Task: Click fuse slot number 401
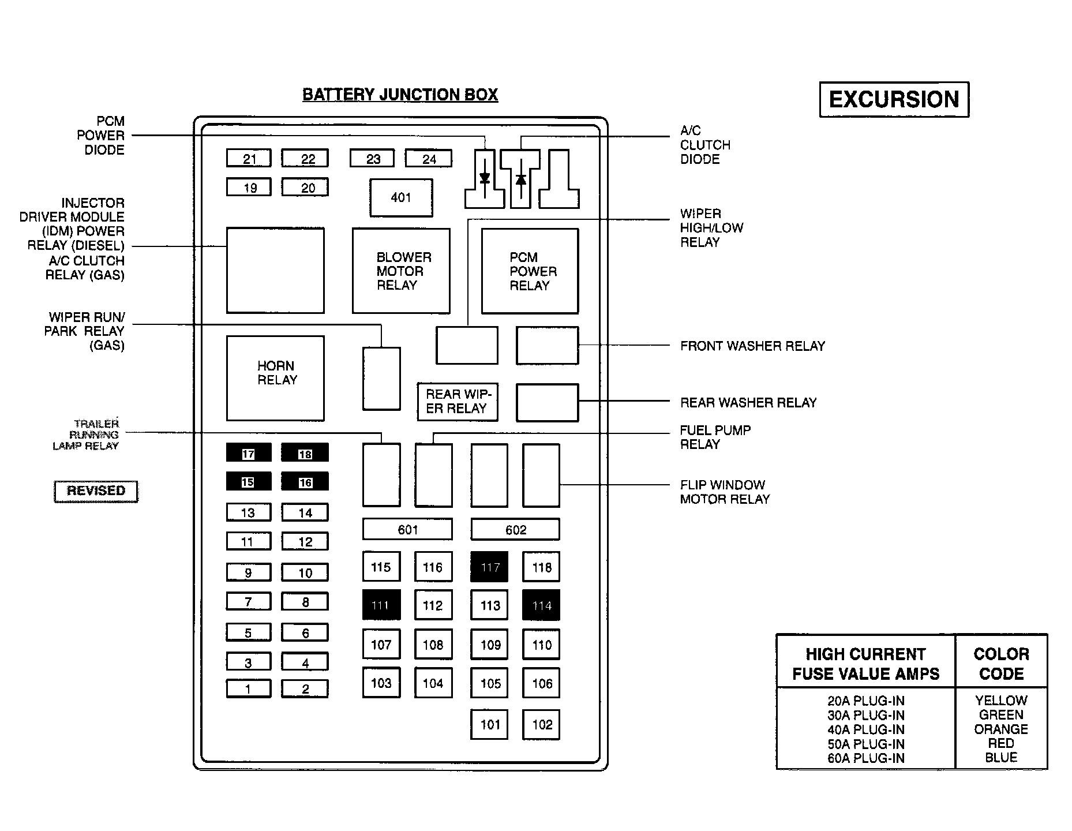pos(401,198)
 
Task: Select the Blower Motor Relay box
pos(401,271)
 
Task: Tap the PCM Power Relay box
pos(530,271)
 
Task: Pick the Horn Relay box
pos(275,378)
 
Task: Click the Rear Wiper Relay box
pos(458,402)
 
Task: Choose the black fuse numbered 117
pos(489,567)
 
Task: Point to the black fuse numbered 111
pos(381,605)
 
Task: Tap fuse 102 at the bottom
pos(541,724)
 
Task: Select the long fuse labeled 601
pos(407,529)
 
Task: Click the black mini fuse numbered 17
pos(248,454)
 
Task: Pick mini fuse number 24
pos(429,159)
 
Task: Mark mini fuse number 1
pos(248,688)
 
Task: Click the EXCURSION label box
pos(894,99)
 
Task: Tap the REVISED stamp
pos(96,491)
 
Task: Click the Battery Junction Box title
pos(400,95)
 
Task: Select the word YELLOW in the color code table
pos(1001,701)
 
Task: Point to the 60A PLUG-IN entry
pos(865,758)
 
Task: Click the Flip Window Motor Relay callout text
pos(725,492)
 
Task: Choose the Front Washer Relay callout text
pos(752,346)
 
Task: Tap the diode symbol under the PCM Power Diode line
pos(485,178)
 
